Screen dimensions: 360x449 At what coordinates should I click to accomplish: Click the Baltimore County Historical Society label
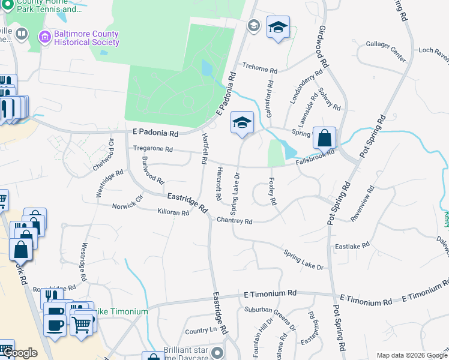point(86,38)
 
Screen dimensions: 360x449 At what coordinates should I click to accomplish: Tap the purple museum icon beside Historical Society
point(44,38)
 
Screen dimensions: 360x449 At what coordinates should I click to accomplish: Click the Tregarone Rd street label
point(152,149)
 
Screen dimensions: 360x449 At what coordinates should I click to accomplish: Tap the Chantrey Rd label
point(234,221)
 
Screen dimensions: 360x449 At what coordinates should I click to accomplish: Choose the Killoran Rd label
point(173,212)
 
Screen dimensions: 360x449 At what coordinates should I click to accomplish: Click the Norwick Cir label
point(128,206)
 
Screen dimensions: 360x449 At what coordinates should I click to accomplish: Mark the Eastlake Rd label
point(352,246)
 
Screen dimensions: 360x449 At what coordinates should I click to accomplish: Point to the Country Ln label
point(200,331)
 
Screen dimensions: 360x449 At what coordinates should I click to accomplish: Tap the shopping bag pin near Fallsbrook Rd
point(324,138)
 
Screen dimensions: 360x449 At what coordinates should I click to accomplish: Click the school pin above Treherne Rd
point(278,28)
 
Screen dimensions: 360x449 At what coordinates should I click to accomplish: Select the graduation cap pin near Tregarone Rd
point(243,123)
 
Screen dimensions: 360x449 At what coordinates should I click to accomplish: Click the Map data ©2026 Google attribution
point(412,355)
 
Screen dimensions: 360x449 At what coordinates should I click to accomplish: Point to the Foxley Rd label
point(273,191)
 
